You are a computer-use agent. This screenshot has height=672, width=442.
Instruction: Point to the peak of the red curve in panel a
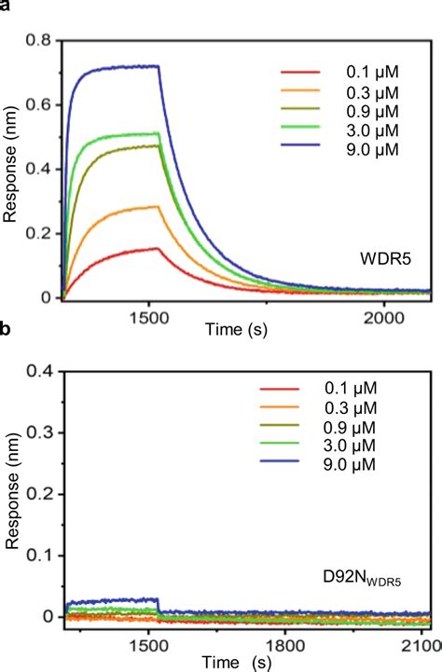point(159,248)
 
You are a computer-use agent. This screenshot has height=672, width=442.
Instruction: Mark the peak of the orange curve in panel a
point(159,207)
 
